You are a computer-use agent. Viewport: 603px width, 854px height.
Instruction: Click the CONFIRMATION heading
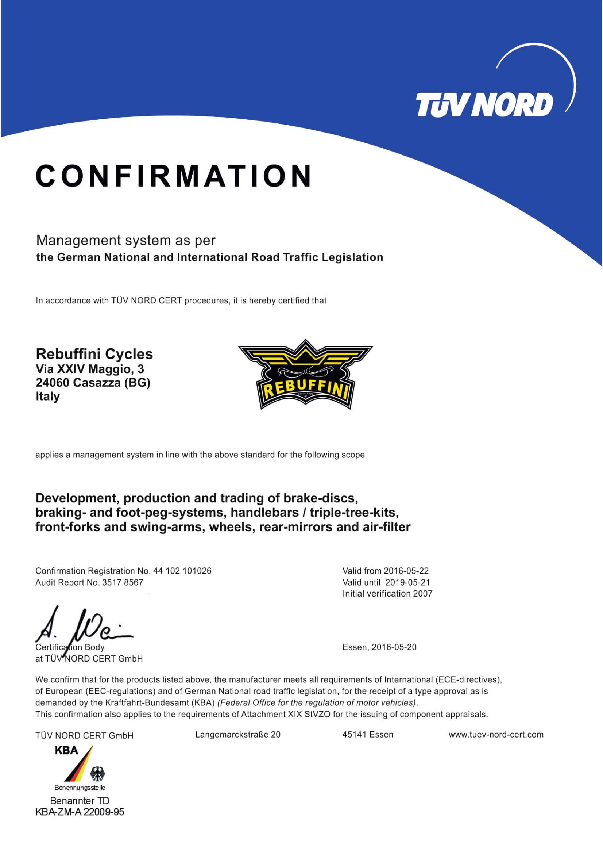click(174, 176)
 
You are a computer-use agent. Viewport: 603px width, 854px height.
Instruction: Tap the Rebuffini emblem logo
click(305, 374)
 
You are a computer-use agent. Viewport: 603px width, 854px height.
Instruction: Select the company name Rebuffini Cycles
click(94, 354)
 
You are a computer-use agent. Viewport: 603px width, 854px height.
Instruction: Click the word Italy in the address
click(47, 396)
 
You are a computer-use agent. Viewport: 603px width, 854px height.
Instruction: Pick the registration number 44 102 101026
click(182, 571)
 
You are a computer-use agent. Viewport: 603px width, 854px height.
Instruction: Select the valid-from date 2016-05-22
click(406, 571)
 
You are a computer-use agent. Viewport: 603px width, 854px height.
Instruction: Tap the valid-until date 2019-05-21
click(407, 582)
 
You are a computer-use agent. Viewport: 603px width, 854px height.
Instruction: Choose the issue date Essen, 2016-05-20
click(379, 647)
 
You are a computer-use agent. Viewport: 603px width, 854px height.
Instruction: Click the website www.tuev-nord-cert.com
click(496, 735)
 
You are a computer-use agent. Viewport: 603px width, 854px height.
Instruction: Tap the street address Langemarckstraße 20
click(237, 735)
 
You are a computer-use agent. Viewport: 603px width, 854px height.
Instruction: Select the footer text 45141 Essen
click(367, 735)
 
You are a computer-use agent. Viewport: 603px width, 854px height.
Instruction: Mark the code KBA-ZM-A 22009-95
click(80, 812)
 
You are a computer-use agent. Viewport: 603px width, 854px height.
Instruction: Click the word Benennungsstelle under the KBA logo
click(80, 788)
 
